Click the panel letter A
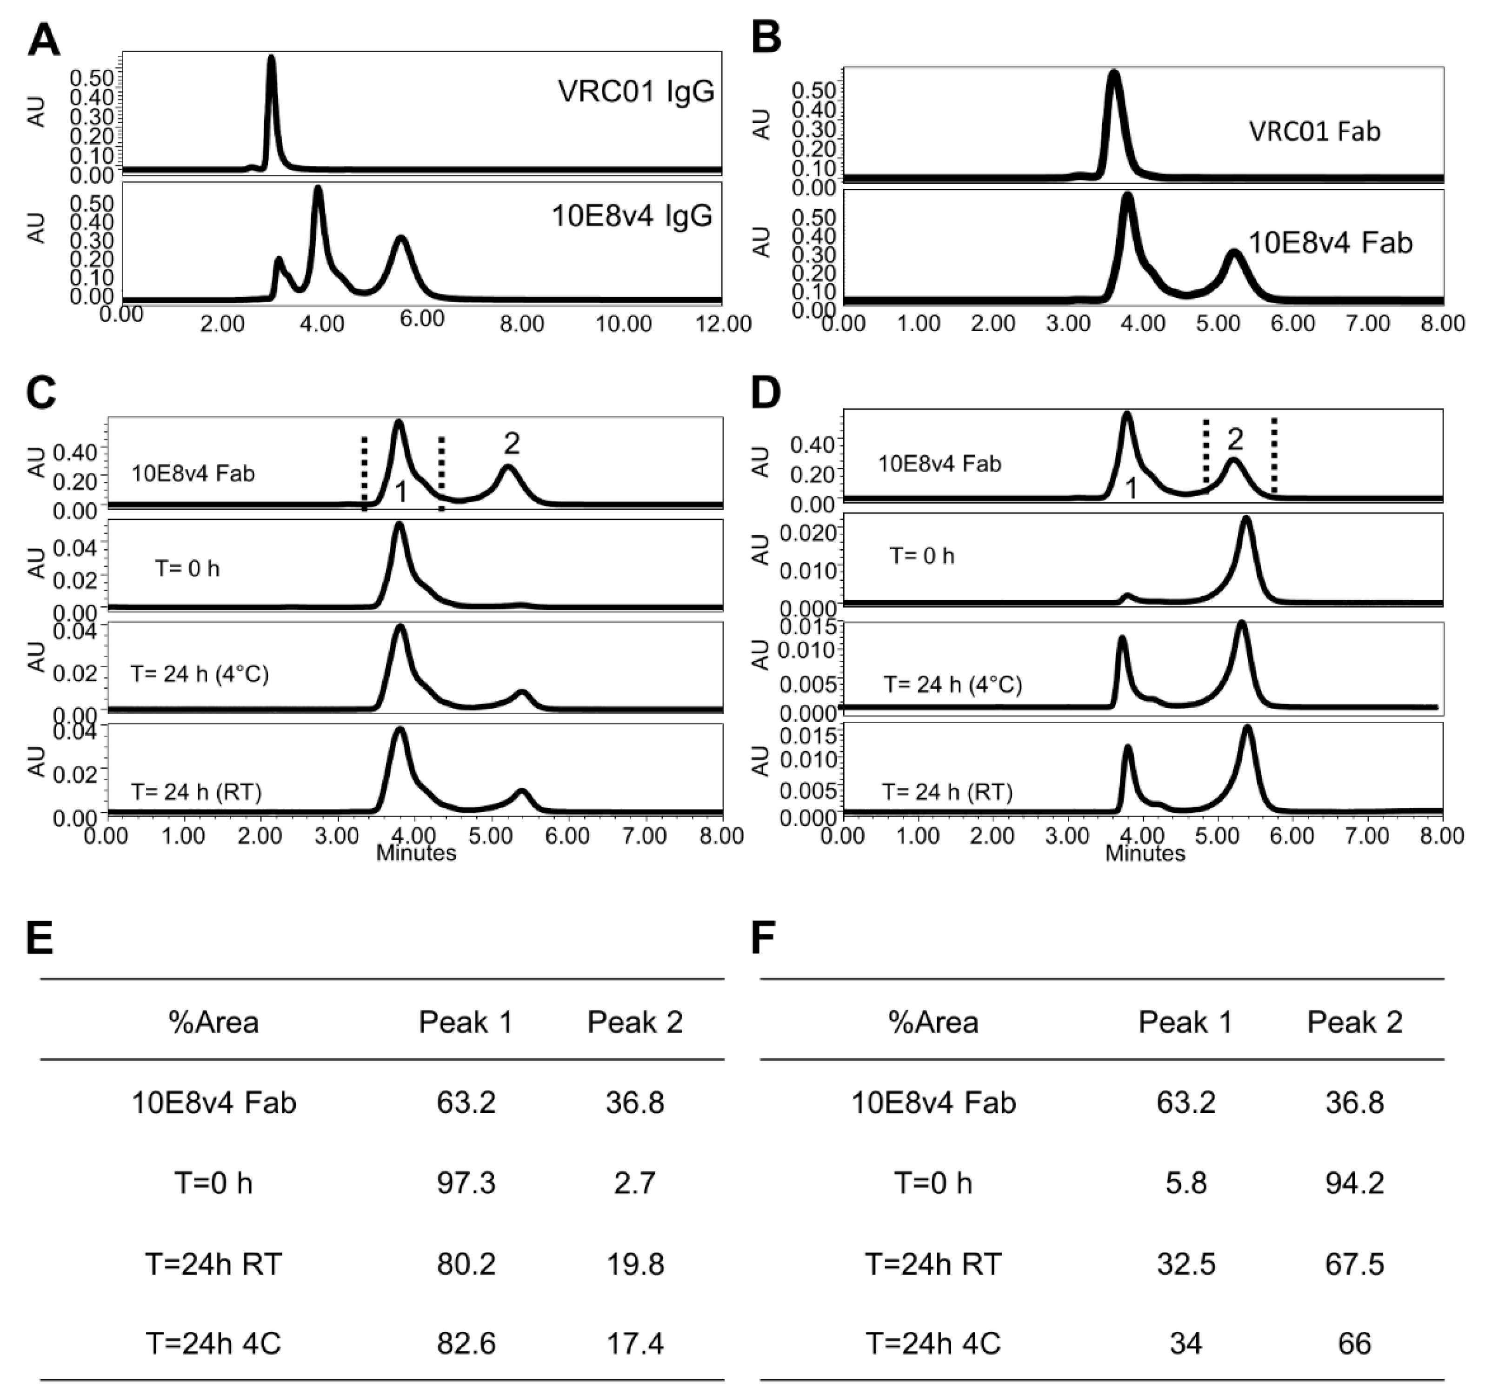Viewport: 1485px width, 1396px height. tap(43, 40)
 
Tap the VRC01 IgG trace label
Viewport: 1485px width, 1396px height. tap(636, 91)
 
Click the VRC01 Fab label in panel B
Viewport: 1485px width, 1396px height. tap(1315, 132)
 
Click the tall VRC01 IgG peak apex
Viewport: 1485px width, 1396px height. tap(271, 58)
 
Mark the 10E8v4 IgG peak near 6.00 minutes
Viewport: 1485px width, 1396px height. tap(402, 239)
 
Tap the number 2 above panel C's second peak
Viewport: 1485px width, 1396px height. tap(512, 444)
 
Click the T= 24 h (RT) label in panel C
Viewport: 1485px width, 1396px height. tap(196, 792)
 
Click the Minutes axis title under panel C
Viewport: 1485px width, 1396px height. tap(416, 853)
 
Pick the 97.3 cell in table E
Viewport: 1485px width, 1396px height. tap(466, 1183)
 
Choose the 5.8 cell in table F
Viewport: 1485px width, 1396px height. tap(1185, 1183)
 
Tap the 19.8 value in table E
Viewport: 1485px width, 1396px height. tap(635, 1264)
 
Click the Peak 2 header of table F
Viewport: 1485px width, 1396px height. tap(1354, 1022)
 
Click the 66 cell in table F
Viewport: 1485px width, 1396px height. tap(1354, 1344)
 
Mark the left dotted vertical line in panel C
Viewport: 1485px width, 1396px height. tap(364, 473)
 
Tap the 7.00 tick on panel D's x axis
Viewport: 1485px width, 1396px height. tap(1368, 836)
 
